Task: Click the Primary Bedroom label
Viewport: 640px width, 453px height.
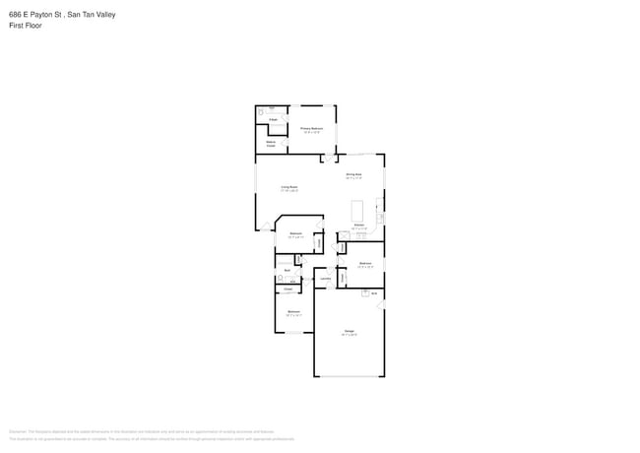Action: [311, 128]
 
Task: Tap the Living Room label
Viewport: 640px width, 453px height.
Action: [288, 186]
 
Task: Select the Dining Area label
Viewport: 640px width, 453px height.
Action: [353, 175]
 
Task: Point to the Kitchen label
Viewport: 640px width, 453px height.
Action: [359, 226]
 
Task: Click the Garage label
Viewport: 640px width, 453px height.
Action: [349, 331]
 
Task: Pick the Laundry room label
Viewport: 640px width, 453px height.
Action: [325, 278]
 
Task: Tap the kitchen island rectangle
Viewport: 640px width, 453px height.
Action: [357, 211]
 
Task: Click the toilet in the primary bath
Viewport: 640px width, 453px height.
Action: [262, 113]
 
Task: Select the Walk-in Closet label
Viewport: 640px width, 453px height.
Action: [271, 144]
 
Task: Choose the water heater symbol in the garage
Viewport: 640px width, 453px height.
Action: [374, 293]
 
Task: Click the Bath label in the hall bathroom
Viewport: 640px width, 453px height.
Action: [287, 269]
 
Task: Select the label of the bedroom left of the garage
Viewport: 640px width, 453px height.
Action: [293, 312]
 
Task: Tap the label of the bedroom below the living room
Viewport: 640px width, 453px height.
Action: [295, 233]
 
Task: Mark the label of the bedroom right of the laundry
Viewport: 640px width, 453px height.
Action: [364, 263]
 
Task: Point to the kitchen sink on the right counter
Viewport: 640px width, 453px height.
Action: [381, 215]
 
